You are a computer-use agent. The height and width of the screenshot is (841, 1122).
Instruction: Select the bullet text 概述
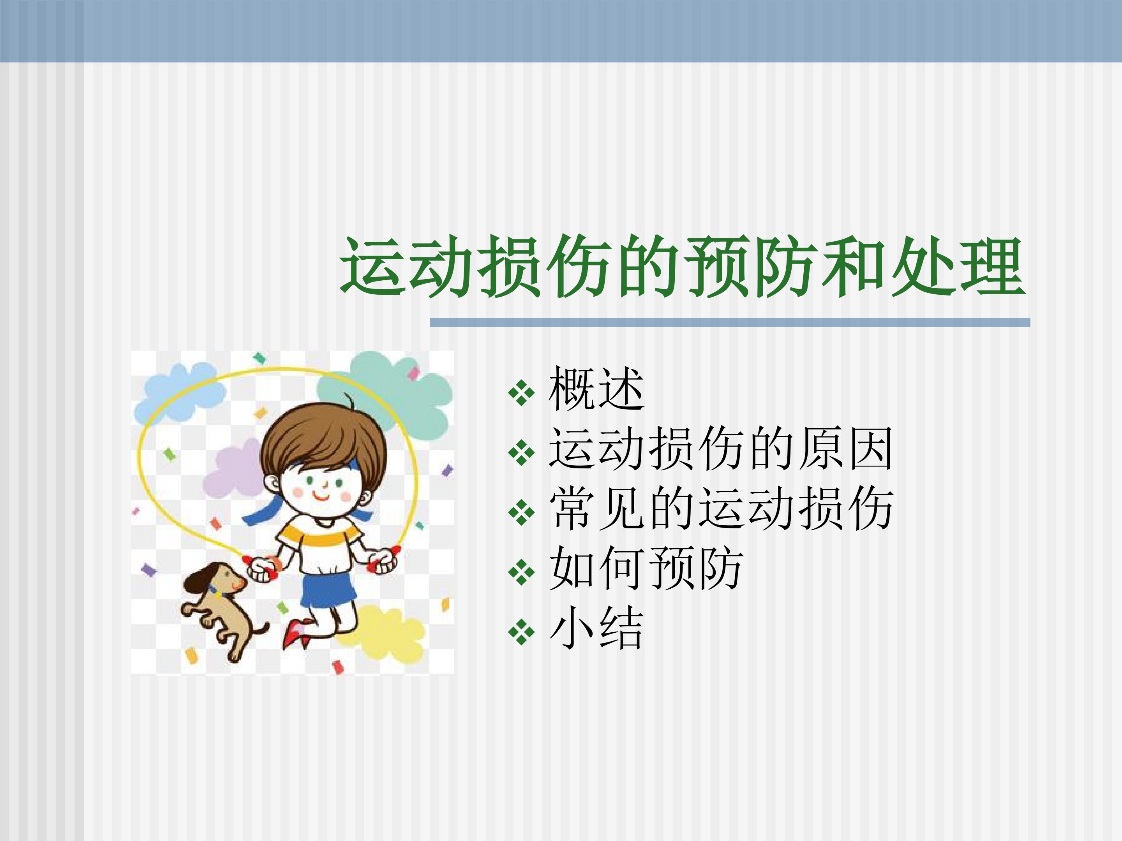pos(596,389)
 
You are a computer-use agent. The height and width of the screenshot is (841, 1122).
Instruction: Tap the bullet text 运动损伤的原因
pos(720,448)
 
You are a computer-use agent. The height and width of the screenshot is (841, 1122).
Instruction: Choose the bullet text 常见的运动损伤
pos(720,508)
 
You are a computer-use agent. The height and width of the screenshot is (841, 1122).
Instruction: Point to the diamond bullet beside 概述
pos(521,393)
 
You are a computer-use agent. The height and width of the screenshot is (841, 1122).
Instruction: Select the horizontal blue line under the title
pos(730,322)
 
